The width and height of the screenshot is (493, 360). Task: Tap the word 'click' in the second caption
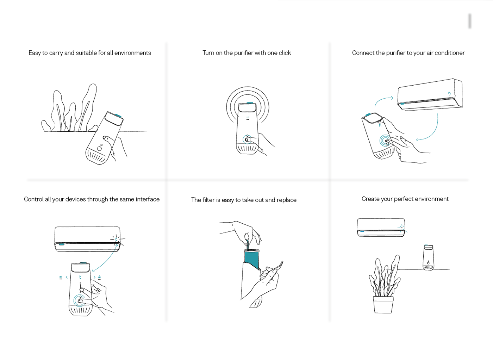click(285, 53)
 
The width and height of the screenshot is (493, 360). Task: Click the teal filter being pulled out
click(252, 260)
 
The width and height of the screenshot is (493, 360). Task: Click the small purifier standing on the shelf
click(428, 257)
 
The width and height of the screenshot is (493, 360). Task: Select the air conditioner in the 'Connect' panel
click(430, 95)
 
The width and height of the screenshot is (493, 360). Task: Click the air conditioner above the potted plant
click(381, 228)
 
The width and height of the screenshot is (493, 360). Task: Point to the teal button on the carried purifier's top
click(118, 116)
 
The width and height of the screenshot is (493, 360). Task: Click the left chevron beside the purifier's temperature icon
click(67, 277)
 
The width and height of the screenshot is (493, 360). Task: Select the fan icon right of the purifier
click(99, 277)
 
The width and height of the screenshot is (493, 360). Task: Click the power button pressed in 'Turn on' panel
click(247, 139)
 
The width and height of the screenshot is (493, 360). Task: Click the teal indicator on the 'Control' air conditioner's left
click(61, 244)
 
